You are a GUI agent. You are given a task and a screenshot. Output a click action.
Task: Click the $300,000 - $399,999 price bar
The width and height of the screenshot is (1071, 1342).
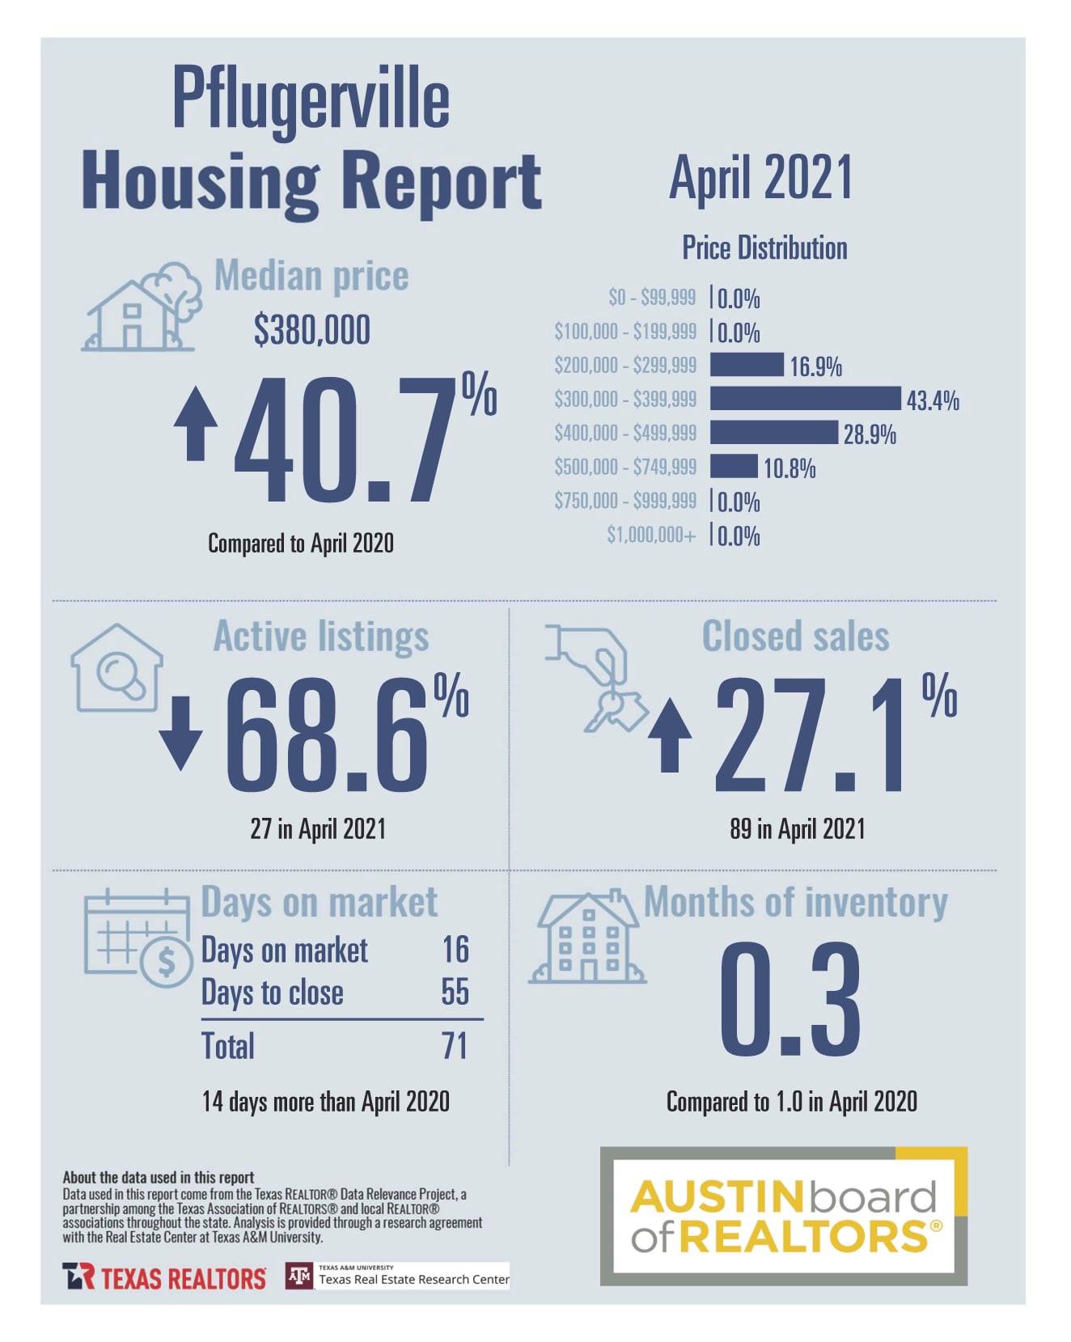pyautogui.click(x=806, y=399)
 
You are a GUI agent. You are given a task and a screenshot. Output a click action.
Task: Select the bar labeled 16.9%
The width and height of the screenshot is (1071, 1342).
pyautogui.click(x=747, y=365)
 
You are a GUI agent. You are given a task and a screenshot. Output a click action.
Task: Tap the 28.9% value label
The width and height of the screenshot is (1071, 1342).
pyautogui.click(x=870, y=435)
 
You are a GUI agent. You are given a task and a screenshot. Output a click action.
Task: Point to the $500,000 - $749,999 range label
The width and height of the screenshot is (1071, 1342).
pyautogui.click(x=625, y=467)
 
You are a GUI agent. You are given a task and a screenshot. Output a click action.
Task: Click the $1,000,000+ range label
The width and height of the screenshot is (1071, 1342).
pyautogui.click(x=651, y=535)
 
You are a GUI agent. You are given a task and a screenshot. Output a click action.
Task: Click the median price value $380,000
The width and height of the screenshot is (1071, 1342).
pyautogui.click(x=311, y=330)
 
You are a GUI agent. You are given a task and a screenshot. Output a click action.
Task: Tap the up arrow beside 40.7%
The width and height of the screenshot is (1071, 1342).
pyautogui.click(x=196, y=423)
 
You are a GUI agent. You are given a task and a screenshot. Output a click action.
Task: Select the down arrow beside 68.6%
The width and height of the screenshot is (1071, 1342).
pyautogui.click(x=180, y=733)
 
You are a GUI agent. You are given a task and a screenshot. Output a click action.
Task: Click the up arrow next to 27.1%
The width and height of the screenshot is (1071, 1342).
pyautogui.click(x=670, y=735)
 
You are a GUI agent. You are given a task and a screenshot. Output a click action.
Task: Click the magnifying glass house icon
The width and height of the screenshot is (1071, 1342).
pyautogui.click(x=116, y=668)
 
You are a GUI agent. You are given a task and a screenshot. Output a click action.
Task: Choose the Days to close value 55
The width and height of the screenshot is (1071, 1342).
pyautogui.click(x=455, y=992)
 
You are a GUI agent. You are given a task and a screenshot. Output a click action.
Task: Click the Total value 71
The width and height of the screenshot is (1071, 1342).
pyautogui.click(x=455, y=1045)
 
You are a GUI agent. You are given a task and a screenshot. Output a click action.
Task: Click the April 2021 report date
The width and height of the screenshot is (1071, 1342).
pyautogui.click(x=761, y=178)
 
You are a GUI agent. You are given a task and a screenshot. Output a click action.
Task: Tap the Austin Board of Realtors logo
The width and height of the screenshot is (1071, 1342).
pyautogui.click(x=784, y=1216)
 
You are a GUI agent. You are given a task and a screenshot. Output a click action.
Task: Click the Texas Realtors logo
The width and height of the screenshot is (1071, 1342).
pyautogui.click(x=164, y=1278)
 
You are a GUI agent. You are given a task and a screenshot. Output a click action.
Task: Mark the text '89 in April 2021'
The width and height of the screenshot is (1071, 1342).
pyautogui.click(x=798, y=828)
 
